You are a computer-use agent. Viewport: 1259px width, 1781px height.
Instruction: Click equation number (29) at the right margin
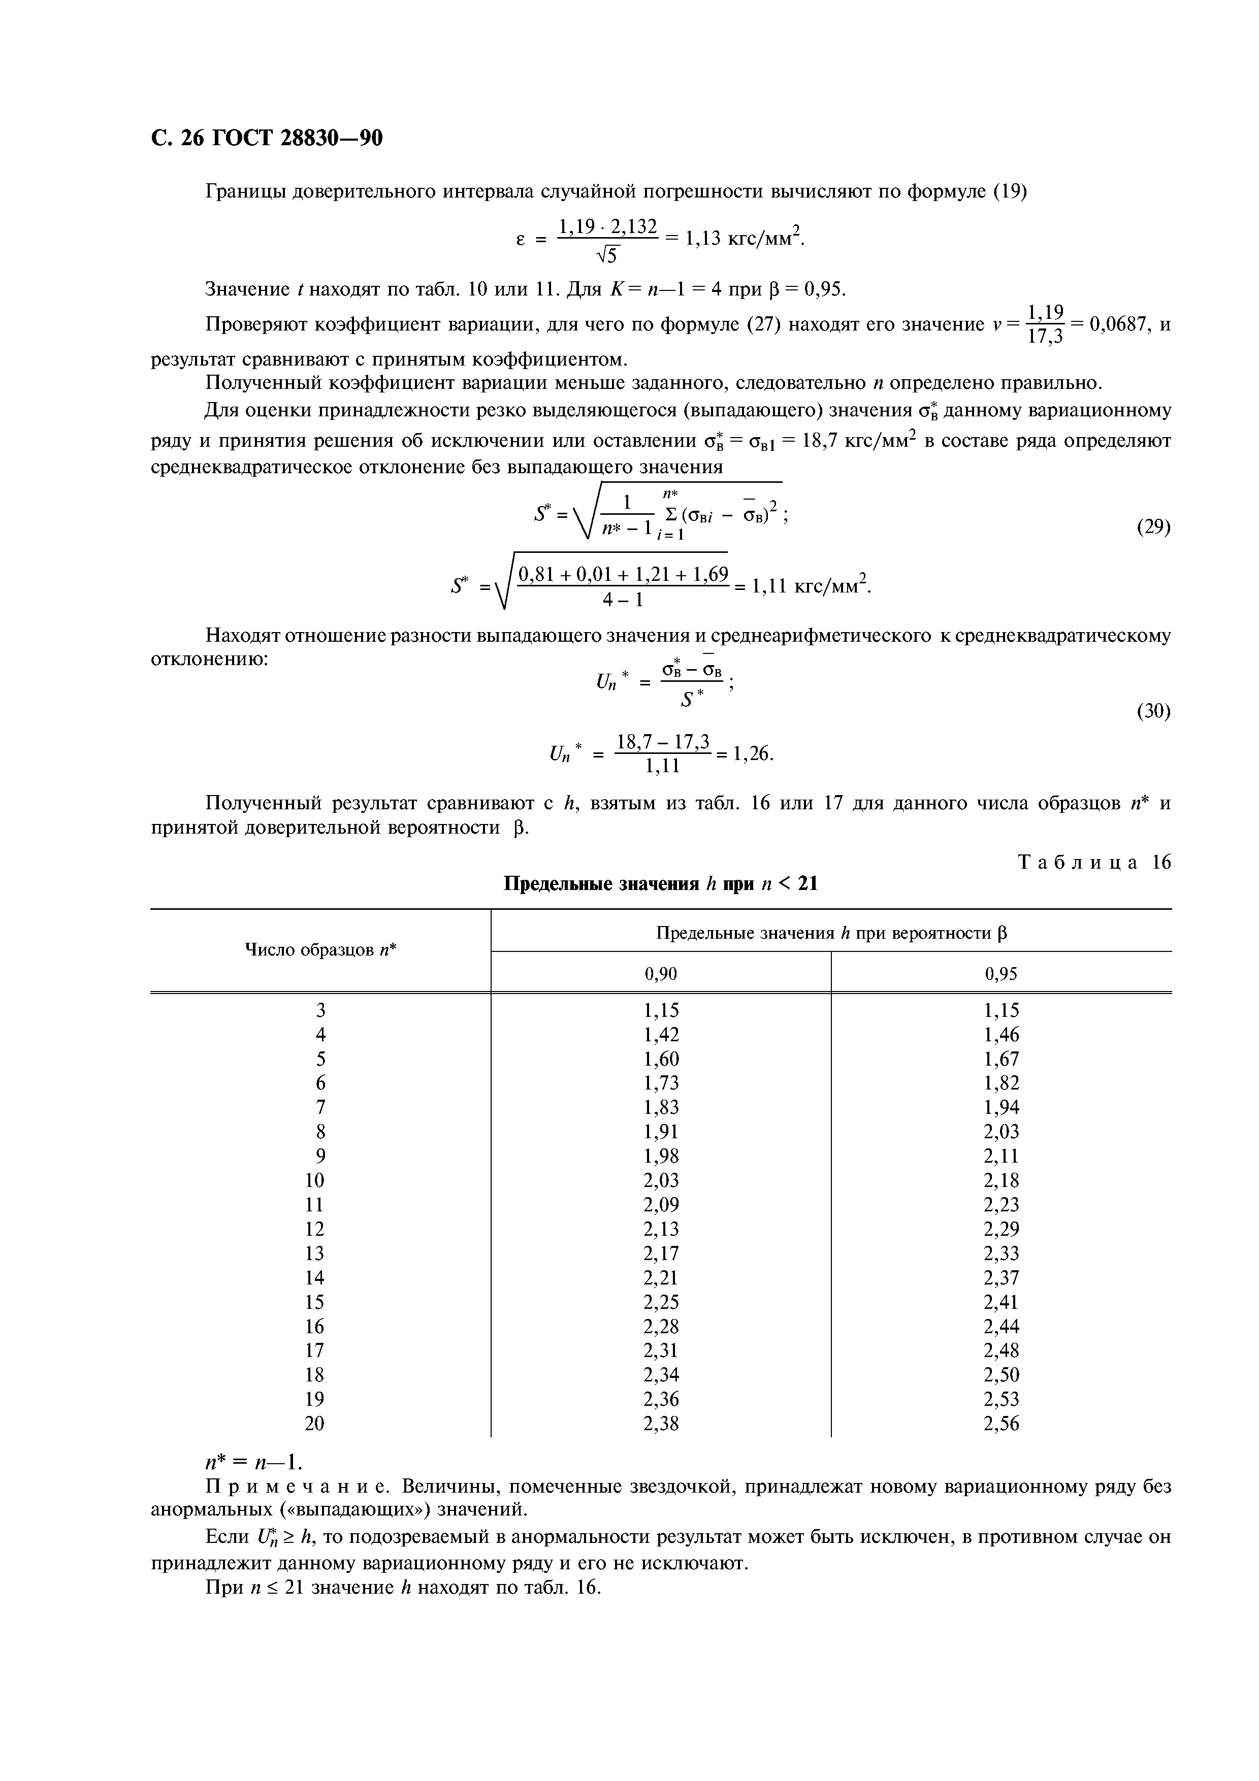click(1153, 527)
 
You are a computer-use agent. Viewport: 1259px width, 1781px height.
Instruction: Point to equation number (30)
click(1153, 711)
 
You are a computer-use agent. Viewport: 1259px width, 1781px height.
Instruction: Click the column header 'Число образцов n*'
click(320, 950)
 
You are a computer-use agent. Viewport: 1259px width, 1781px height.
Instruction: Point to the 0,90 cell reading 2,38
click(661, 1424)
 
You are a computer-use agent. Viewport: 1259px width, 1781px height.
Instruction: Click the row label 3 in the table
click(320, 1011)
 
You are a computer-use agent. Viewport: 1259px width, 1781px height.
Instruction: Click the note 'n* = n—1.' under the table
click(252, 1462)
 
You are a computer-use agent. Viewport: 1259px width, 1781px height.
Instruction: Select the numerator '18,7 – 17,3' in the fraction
click(663, 743)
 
